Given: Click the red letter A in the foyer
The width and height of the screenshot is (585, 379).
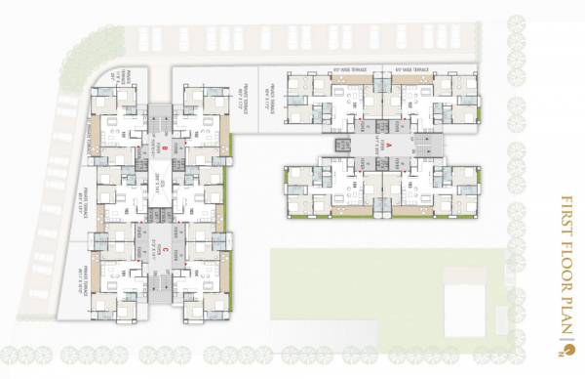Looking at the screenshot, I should pyautogui.click(x=389, y=146).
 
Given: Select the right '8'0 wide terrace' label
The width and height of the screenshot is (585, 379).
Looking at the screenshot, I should pyautogui.click(x=409, y=69).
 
